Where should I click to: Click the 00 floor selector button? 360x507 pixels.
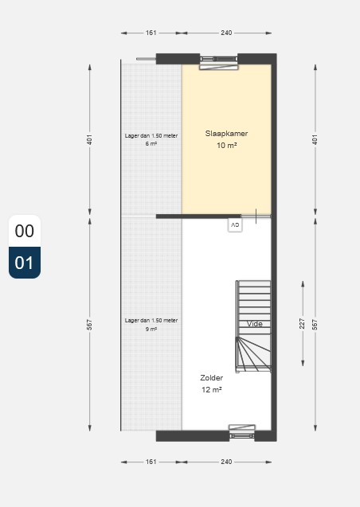click(x=25, y=232)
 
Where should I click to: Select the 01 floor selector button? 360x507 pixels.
click(x=25, y=263)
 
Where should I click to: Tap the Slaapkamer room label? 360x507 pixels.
click(x=226, y=134)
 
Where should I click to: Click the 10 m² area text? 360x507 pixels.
click(x=226, y=146)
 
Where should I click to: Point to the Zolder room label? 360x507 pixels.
click(x=212, y=378)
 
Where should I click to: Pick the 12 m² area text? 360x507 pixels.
click(x=212, y=390)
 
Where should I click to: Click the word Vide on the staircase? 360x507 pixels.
click(x=255, y=324)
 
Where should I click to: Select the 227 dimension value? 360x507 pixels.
click(x=302, y=325)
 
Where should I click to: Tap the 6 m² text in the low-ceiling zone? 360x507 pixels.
click(x=151, y=143)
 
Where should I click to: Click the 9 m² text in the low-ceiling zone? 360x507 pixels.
click(x=151, y=328)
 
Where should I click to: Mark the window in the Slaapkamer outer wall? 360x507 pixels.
click(x=218, y=61)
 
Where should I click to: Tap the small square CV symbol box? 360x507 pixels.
click(x=234, y=225)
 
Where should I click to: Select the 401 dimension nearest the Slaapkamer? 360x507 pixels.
click(x=315, y=140)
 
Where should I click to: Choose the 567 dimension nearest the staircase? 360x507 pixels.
click(x=315, y=325)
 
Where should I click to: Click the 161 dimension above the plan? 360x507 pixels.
click(x=151, y=33)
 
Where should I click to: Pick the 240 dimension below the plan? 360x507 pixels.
click(x=226, y=462)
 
